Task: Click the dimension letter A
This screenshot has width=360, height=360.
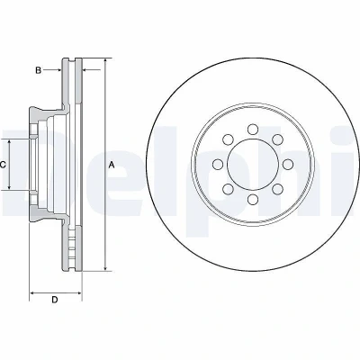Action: (112, 165)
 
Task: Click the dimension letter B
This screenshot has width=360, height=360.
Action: (38, 71)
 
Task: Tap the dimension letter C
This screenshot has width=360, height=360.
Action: (3, 165)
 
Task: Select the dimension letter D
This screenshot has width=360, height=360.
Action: (54, 300)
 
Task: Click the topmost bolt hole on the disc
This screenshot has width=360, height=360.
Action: (253, 130)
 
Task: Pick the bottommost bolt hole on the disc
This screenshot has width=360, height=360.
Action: (253, 200)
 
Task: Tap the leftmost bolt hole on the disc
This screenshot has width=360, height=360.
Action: (218, 165)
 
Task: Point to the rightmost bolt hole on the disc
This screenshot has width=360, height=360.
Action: (288, 165)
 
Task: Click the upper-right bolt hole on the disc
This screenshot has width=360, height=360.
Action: (278, 139)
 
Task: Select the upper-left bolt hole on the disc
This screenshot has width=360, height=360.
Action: (228, 139)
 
